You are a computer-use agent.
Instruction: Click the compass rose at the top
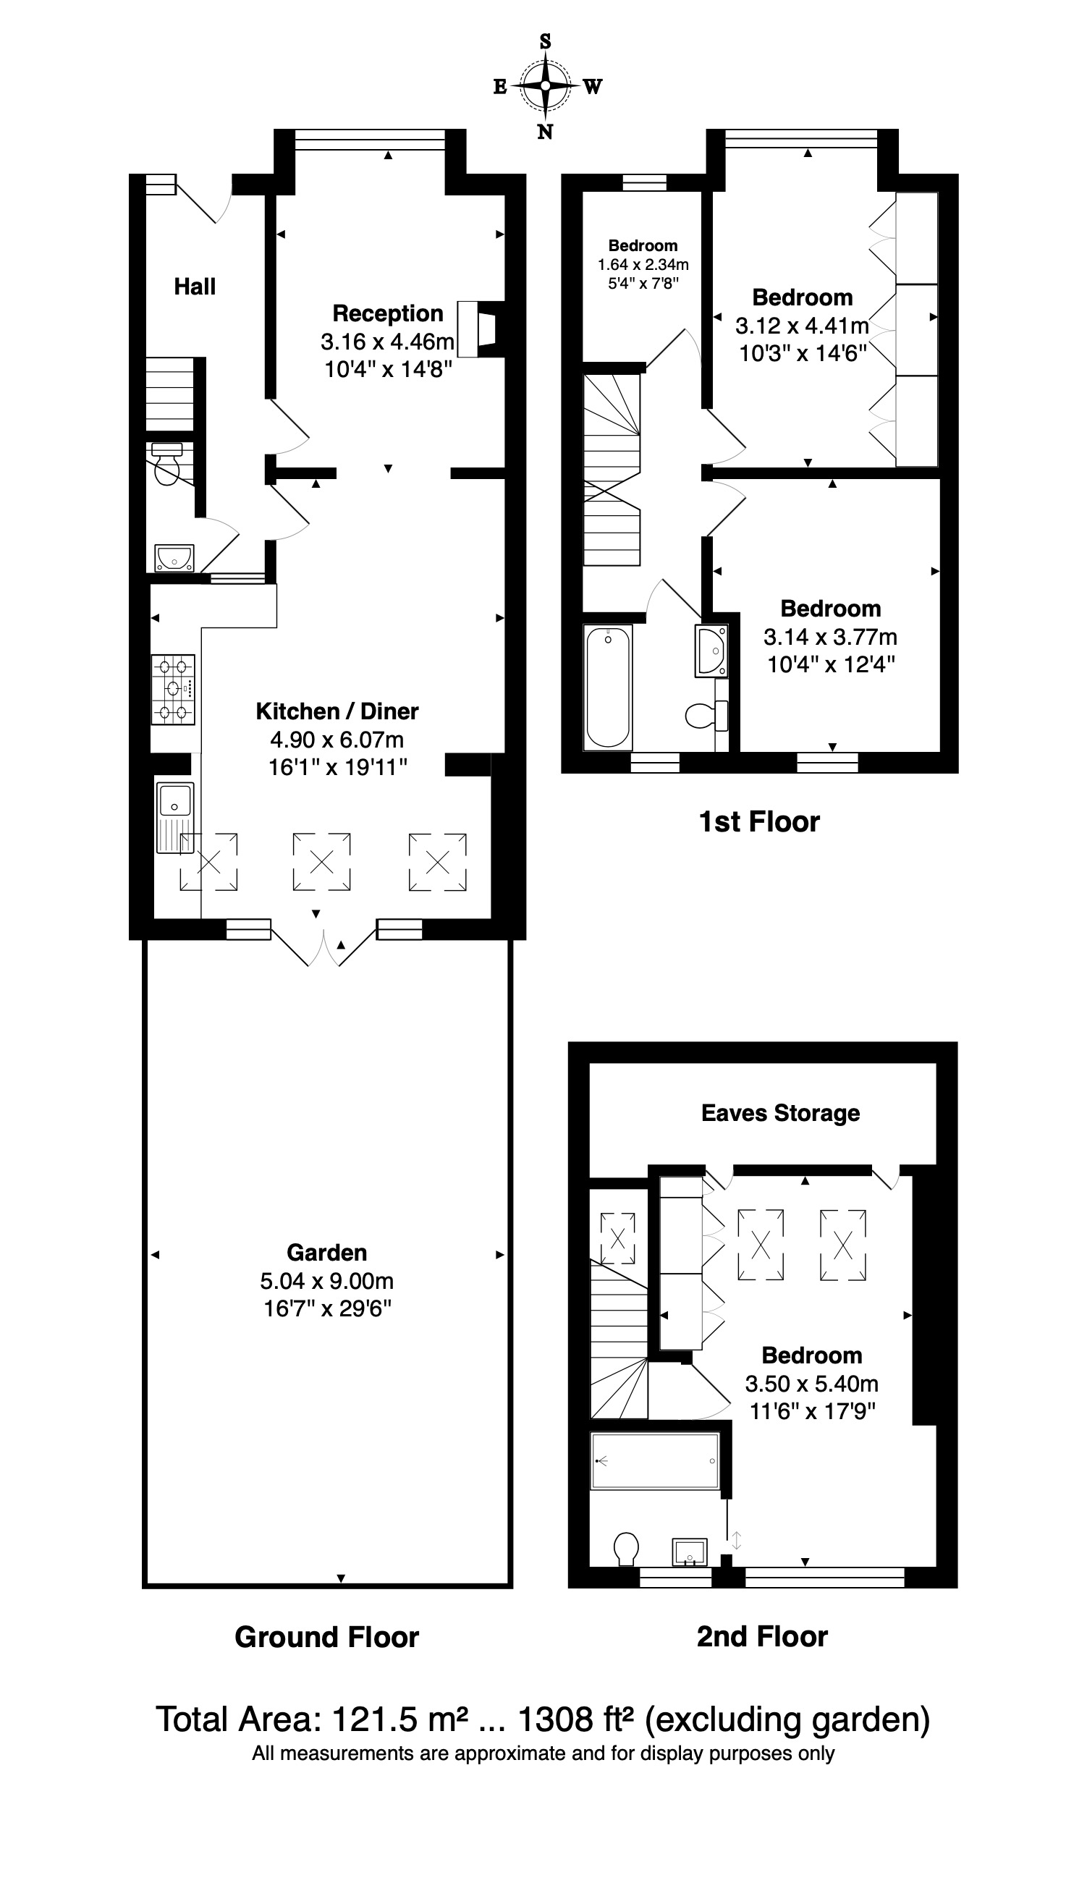546,87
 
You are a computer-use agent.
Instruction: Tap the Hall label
195,287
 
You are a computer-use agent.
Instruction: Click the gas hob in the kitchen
173,690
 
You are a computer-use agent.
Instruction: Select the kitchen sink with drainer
175,816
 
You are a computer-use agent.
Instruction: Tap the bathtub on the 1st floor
608,687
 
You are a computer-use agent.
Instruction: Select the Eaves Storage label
781,1113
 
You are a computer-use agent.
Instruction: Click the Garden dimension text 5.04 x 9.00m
327,1281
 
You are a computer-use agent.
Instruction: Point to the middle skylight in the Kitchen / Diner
322,862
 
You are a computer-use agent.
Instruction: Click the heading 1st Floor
759,822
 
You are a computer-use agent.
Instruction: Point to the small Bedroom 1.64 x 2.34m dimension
643,265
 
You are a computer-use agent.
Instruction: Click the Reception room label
387,313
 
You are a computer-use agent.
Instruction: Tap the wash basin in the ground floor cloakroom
174,557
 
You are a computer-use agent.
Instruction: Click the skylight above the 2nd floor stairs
618,1238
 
